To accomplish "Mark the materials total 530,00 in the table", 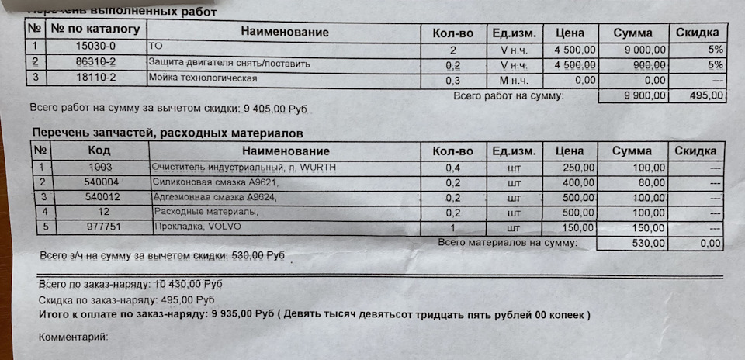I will (x=647, y=244).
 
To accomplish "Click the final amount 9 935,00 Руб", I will (x=243, y=315).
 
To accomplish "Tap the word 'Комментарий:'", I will (x=72, y=337).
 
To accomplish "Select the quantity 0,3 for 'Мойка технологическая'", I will (x=453, y=80).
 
